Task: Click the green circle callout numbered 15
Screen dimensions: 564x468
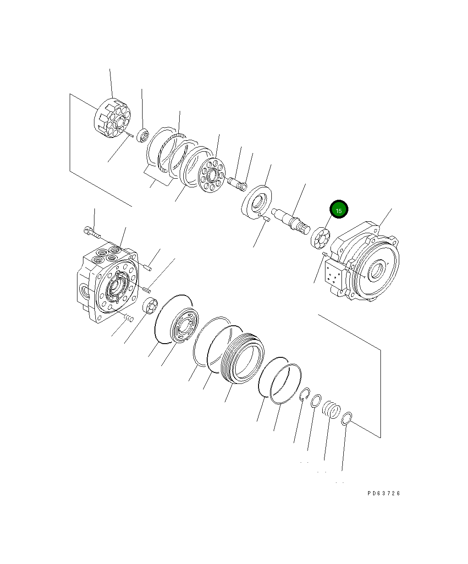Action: pyautogui.click(x=339, y=211)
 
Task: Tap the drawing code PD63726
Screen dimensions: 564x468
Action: pyautogui.click(x=383, y=493)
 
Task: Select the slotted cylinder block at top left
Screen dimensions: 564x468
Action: pyautogui.click(x=112, y=120)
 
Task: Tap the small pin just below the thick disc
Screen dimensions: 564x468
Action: pyautogui.click(x=266, y=219)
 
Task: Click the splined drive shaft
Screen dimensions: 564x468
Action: pyautogui.click(x=291, y=221)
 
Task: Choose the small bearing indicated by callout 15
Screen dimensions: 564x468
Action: pyautogui.click(x=320, y=239)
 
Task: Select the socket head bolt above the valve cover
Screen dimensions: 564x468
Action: pyautogui.click(x=92, y=233)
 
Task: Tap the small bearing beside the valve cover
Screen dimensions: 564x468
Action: pyautogui.click(x=151, y=306)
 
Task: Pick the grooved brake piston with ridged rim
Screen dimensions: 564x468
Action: pyautogui.click(x=242, y=357)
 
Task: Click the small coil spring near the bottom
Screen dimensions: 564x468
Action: pyautogui.click(x=331, y=409)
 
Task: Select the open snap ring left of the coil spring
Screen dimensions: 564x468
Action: pyautogui.click(x=305, y=395)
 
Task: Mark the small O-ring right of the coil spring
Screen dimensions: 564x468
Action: pyautogui.click(x=347, y=418)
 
